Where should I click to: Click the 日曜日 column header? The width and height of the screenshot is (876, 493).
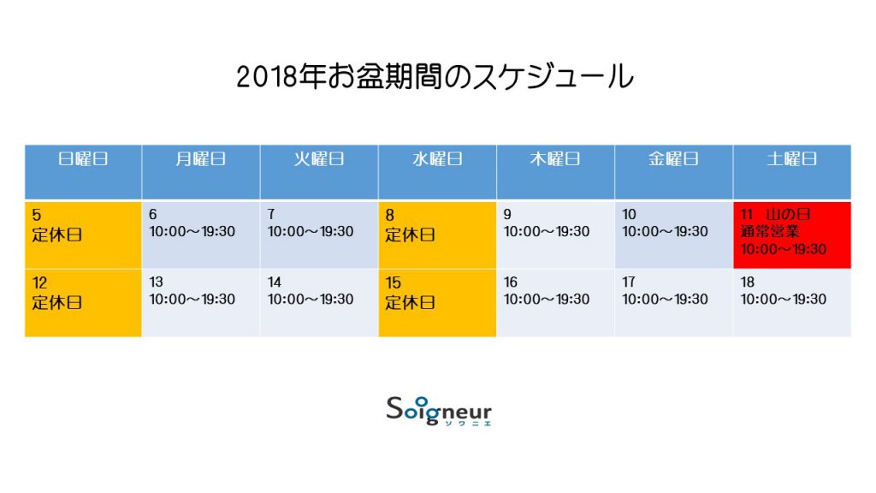point(83,171)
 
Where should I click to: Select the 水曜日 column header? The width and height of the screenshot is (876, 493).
point(437,171)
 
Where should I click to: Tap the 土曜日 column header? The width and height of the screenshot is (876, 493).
point(792,171)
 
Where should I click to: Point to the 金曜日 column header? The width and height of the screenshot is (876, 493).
point(674,171)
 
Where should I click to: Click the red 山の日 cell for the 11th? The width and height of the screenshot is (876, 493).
point(792,235)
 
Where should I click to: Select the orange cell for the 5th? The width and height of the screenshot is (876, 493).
point(83,235)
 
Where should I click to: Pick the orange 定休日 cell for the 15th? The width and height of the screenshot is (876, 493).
point(437,303)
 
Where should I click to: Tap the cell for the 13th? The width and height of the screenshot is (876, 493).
point(201,303)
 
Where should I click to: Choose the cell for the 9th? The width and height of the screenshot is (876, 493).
point(555,235)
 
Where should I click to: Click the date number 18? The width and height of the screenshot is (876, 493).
point(748,282)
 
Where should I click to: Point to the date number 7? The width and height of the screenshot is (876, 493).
point(271,214)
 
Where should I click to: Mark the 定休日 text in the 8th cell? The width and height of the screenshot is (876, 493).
point(410,235)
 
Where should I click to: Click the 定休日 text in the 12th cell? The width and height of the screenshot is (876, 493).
point(57,302)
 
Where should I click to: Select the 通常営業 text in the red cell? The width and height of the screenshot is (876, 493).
point(770,231)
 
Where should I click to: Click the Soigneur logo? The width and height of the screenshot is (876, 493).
point(439,411)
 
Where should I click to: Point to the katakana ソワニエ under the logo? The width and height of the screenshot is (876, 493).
point(468,423)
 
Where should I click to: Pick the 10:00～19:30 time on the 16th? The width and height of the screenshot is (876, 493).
point(547,300)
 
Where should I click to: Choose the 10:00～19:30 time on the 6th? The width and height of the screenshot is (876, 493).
point(192,231)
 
